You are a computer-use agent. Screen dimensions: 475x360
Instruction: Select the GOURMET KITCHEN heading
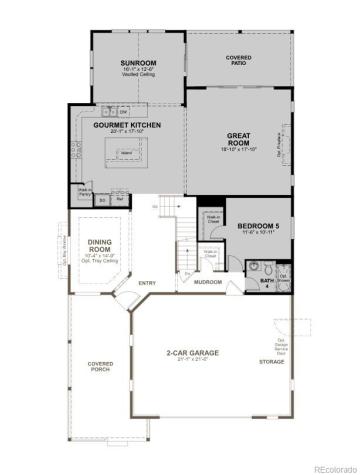[127, 125]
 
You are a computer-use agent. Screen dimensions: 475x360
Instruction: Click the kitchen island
[127, 152]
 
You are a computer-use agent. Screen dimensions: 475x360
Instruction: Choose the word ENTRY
[147, 283]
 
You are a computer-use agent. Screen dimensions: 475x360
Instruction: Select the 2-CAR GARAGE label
[192, 353]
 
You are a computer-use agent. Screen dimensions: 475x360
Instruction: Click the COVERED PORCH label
[99, 366]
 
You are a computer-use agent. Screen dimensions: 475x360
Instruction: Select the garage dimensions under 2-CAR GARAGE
[192, 360]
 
